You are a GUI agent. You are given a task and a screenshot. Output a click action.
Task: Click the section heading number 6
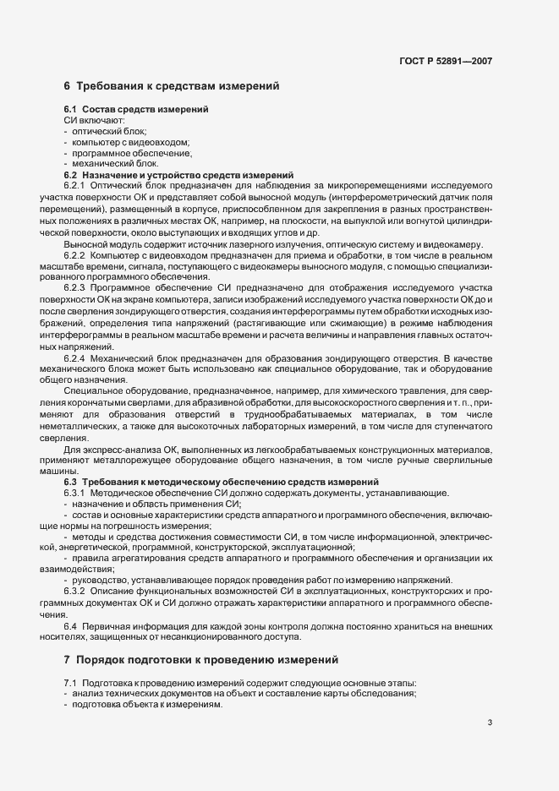tap(68, 86)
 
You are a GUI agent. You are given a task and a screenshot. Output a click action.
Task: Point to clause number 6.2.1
tap(75, 185)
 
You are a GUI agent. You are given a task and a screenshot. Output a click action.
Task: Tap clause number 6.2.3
tap(75, 288)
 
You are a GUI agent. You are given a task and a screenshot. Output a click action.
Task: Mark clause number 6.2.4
tap(75, 359)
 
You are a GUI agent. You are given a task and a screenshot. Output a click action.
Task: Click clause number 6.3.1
tap(75, 493)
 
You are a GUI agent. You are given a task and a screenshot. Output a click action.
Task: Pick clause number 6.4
tap(71, 625)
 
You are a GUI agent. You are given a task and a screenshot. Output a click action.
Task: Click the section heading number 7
tap(68, 658)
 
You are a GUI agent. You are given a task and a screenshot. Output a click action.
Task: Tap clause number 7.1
tap(71, 683)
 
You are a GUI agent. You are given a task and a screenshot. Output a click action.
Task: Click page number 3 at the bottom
tap(490, 723)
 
